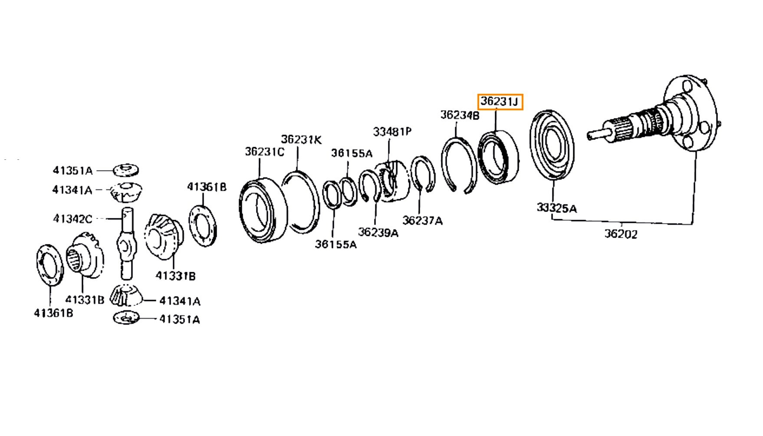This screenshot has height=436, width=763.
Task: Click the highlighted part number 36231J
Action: [500, 102]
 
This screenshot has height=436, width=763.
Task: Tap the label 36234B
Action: [460, 115]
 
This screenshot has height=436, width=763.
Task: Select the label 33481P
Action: [392, 132]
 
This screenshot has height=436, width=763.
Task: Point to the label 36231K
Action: [301, 139]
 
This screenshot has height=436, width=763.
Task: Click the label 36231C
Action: [264, 152]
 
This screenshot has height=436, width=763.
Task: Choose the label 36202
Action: [621, 234]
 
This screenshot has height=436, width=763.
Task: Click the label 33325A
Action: [556, 208]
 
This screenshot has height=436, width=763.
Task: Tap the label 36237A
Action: [422, 221]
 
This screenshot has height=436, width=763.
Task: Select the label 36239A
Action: [378, 232]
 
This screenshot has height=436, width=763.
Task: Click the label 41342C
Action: [72, 218]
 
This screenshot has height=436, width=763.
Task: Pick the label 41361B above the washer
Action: [207, 187]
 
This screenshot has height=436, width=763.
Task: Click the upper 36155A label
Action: [352, 153]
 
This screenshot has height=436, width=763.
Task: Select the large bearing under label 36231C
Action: [263, 209]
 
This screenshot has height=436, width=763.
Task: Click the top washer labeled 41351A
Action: [126, 170]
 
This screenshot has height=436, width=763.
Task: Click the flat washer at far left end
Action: [49, 265]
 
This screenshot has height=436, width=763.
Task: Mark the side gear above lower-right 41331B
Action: [165, 237]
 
